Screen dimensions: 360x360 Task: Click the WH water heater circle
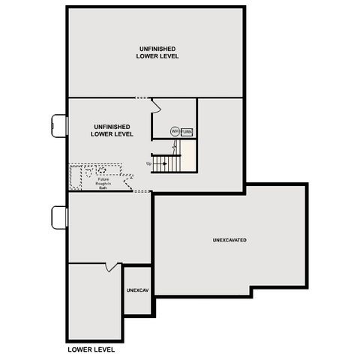point(175,131)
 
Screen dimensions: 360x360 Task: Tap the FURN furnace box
point(187,131)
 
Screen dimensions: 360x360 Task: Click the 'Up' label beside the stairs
point(149,163)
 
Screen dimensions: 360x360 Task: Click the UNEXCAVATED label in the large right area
point(229,240)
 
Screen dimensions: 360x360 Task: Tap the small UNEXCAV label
point(137,289)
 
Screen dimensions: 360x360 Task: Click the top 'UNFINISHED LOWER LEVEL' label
point(157,52)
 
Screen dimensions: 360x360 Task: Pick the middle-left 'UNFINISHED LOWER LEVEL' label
point(112,130)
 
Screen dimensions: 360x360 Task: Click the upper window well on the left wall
point(59,125)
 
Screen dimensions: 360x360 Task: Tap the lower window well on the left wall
point(59,217)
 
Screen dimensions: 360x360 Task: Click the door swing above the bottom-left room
point(112,267)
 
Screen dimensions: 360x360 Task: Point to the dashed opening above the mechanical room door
point(142,97)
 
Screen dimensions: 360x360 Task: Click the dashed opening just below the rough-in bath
point(142,191)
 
